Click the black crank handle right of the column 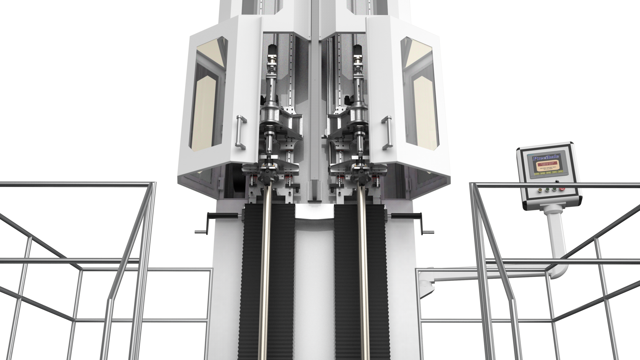[406, 215]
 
